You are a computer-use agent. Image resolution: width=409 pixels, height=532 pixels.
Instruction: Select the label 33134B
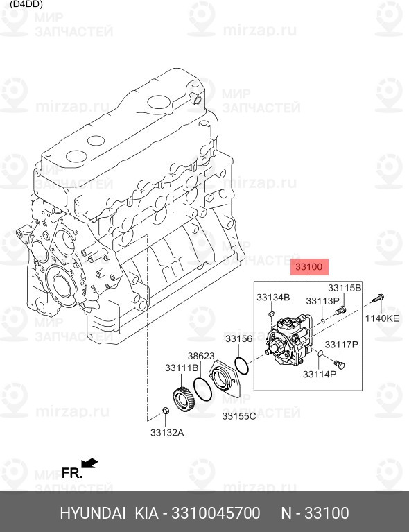272,298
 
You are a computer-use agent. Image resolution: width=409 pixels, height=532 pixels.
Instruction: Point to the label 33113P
322,301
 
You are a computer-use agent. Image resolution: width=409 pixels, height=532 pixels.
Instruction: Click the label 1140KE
383,318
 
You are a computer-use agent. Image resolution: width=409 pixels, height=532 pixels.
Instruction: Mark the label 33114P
319,374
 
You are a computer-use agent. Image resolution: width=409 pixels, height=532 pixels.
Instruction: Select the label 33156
238,339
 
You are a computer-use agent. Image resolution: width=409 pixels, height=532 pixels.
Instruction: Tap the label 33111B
182,368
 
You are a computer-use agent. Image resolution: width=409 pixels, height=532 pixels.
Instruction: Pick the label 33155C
239,416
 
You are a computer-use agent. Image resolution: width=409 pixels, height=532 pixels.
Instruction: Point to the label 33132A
167,433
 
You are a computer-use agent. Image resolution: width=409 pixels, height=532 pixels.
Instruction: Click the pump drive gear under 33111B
182,400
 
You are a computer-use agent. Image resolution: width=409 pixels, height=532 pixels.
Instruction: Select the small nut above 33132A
165,414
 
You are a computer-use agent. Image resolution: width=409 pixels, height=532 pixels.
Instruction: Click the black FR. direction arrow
89,463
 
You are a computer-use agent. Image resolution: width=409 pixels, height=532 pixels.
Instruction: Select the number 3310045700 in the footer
211,513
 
